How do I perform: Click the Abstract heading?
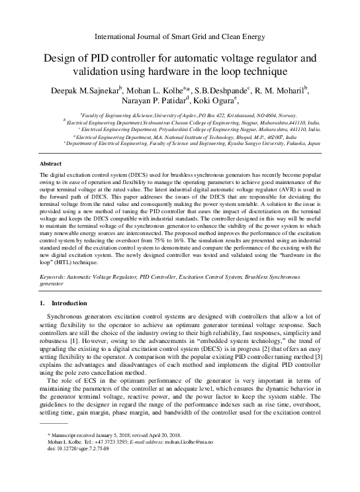(50, 162)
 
